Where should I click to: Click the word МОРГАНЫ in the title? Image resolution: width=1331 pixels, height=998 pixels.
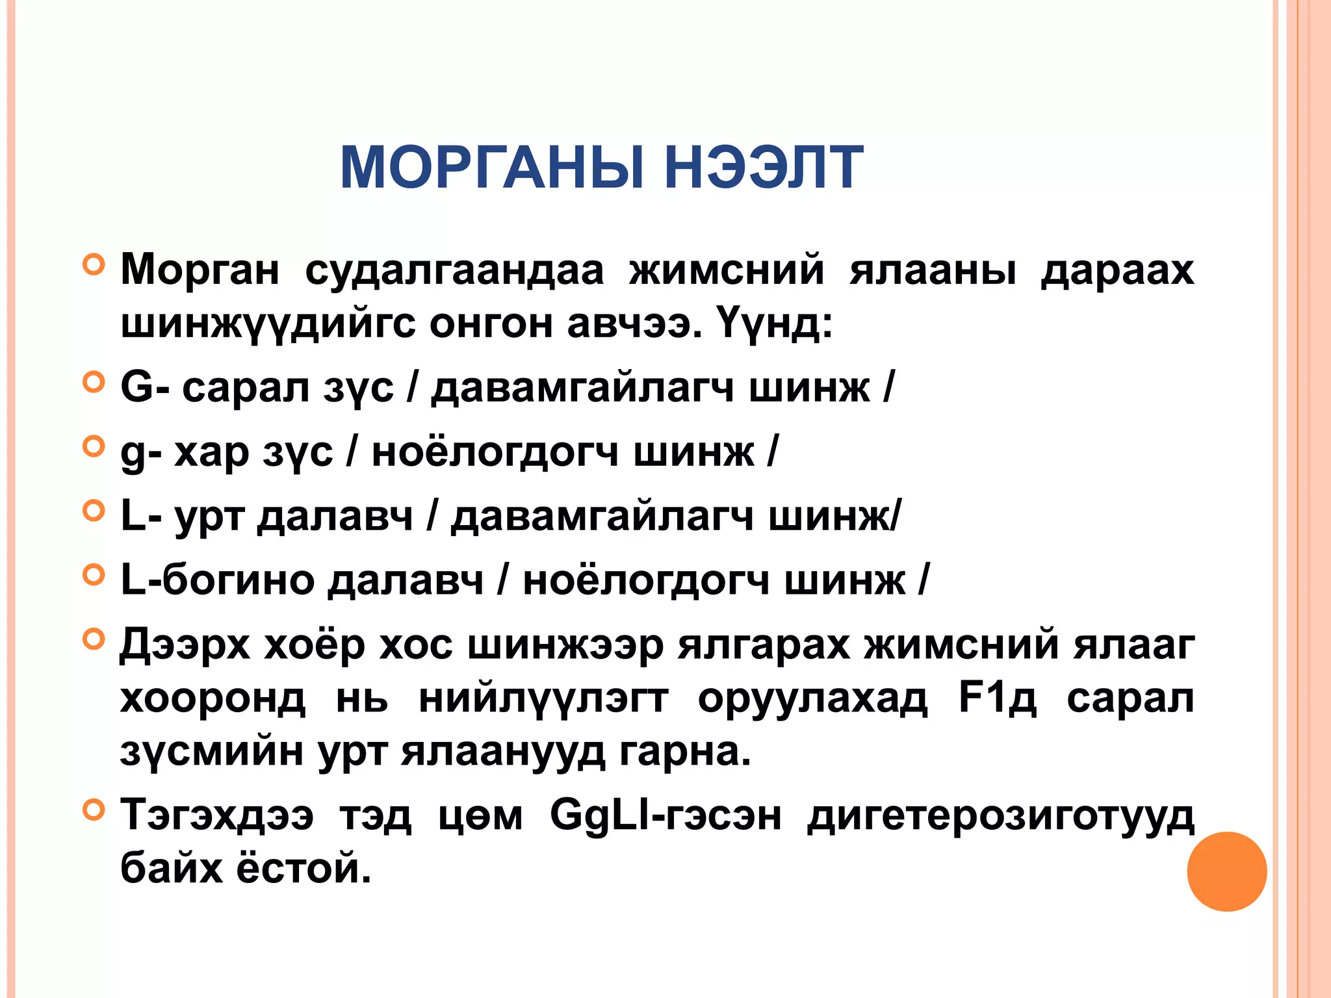click(x=491, y=168)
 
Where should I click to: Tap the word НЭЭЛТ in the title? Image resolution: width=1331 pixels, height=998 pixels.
click(x=764, y=168)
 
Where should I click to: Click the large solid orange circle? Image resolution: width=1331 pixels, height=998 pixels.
click(x=1226, y=871)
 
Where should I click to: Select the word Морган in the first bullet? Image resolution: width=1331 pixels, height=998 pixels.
click(x=200, y=270)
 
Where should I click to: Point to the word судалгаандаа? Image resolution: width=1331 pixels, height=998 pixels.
click(x=454, y=270)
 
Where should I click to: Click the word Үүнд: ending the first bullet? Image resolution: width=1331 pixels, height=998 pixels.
click(x=774, y=323)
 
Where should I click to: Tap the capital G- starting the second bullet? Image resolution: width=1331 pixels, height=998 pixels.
click(x=145, y=388)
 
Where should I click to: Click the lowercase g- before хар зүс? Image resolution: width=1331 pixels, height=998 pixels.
click(x=141, y=453)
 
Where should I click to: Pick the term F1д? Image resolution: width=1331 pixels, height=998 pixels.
click(x=998, y=698)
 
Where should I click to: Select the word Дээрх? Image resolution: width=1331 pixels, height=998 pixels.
click(x=185, y=645)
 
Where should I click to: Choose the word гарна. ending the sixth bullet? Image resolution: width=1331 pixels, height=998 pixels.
click(x=685, y=752)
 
